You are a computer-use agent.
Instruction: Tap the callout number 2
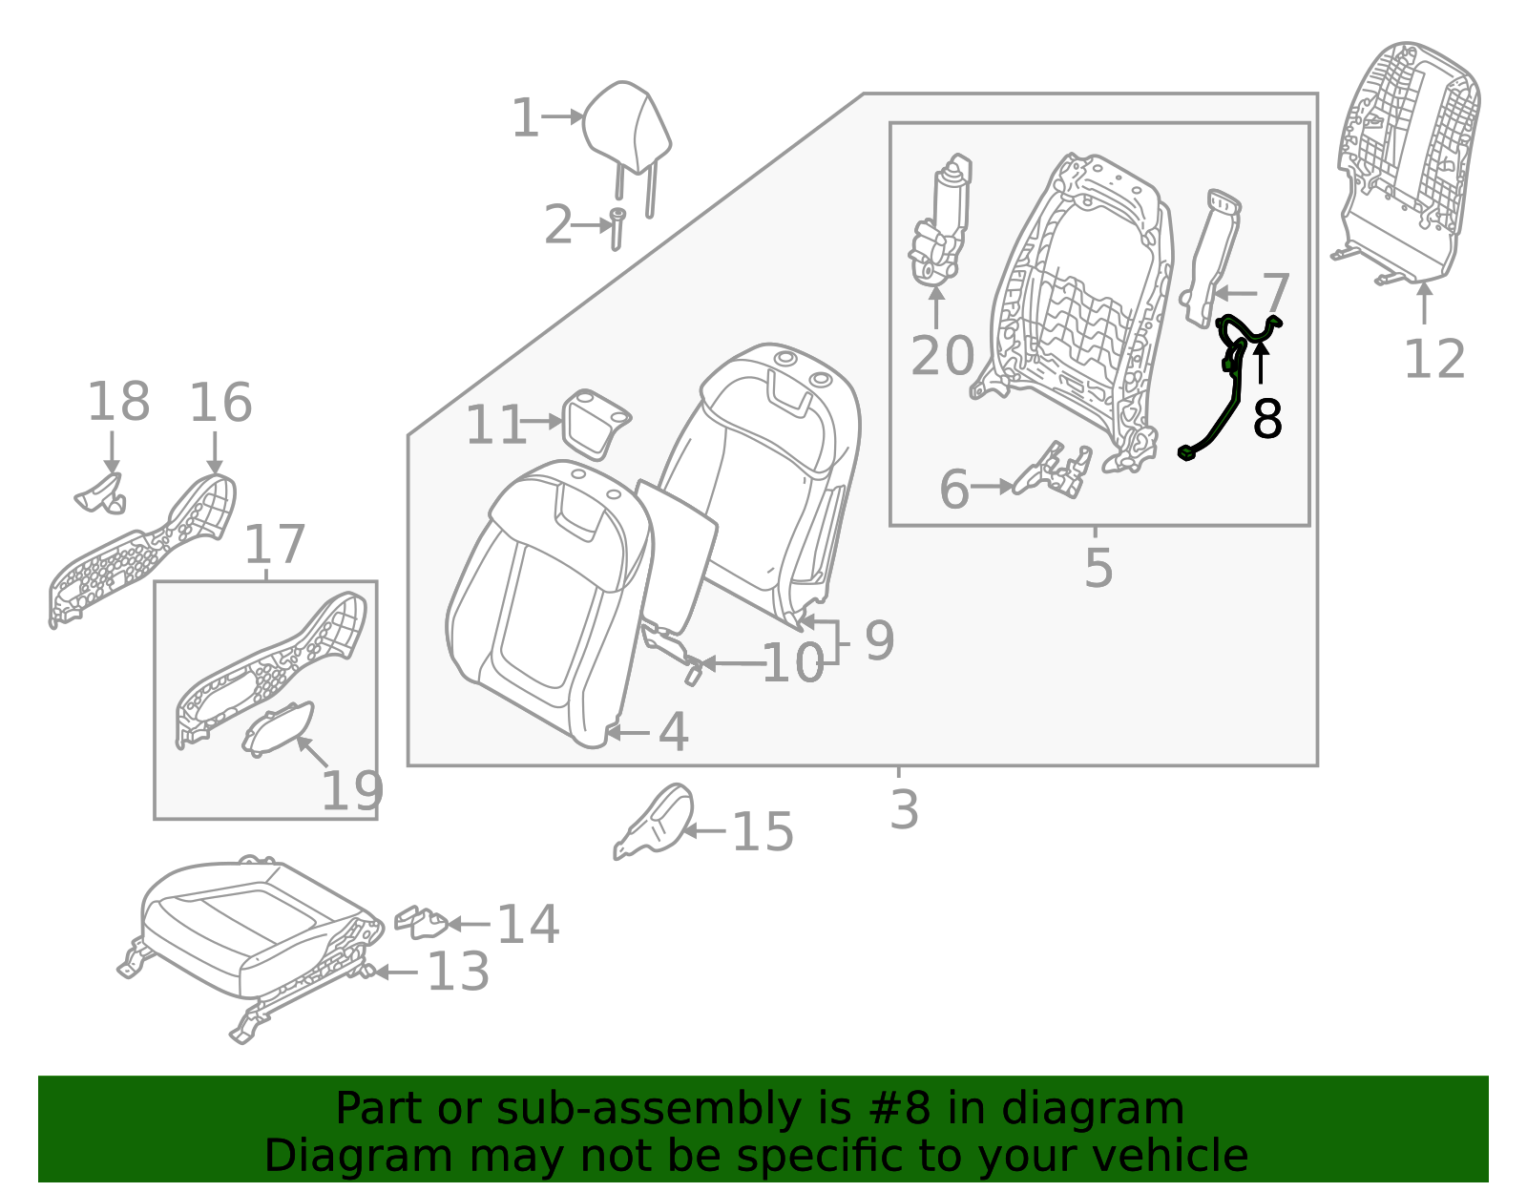pyautogui.click(x=558, y=226)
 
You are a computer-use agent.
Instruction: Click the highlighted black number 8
pyautogui.click(x=1266, y=419)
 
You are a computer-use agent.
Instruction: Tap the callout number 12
pyautogui.click(x=1433, y=360)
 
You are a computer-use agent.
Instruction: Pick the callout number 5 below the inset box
pyautogui.click(x=1098, y=568)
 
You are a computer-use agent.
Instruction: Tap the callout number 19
pyautogui.click(x=352, y=790)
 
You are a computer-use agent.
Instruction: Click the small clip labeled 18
pyautogui.click(x=101, y=491)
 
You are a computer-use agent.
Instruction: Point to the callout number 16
pyautogui.click(x=220, y=403)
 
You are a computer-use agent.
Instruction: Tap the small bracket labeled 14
pyautogui.click(x=421, y=922)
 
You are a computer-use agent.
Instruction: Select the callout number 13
pyautogui.click(x=458, y=972)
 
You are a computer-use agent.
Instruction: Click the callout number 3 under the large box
pyautogui.click(x=903, y=809)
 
